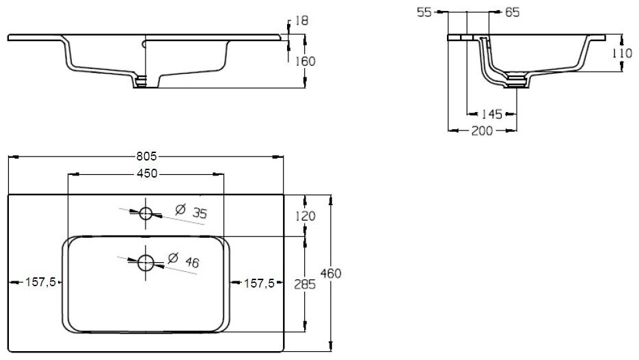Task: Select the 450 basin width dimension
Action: [x=146, y=174]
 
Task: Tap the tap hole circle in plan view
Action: [x=146, y=212]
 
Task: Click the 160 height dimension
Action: [x=305, y=61]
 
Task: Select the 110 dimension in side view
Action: [x=621, y=53]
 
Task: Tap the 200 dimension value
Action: [x=482, y=131]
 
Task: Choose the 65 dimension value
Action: [x=512, y=12]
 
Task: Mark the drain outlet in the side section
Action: [x=517, y=84]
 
